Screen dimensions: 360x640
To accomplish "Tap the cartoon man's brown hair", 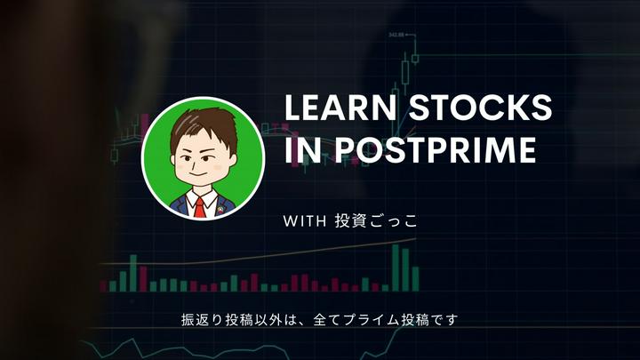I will tap(202, 124).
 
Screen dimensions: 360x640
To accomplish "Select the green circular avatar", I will tap(202, 156).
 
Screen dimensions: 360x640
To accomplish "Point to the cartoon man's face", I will tap(203, 160).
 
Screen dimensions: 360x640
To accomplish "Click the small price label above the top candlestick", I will tap(396, 35).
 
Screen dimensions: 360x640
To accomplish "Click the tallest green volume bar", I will tap(396, 268).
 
